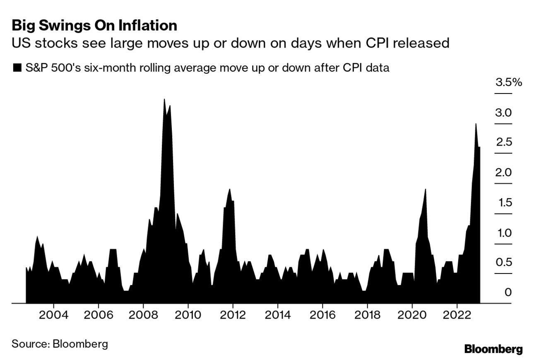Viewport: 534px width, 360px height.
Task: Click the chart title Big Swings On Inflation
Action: [94, 26]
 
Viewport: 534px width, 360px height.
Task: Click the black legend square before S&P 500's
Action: [17, 68]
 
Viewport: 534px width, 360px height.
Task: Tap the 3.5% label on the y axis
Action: [509, 82]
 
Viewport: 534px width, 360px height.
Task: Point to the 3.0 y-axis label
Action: [504, 113]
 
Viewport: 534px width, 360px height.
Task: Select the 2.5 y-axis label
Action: [504, 142]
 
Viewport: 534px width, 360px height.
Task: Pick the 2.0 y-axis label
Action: [504, 173]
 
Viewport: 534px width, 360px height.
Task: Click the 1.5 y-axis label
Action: [504, 203]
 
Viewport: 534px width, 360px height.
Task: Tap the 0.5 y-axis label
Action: [504, 262]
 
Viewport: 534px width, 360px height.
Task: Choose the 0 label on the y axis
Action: [508, 293]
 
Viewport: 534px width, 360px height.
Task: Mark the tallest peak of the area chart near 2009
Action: [164, 100]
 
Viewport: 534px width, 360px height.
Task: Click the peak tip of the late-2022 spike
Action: [476, 124]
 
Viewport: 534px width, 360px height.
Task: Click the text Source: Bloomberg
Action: [60, 344]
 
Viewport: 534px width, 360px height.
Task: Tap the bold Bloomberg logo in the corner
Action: [493, 349]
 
